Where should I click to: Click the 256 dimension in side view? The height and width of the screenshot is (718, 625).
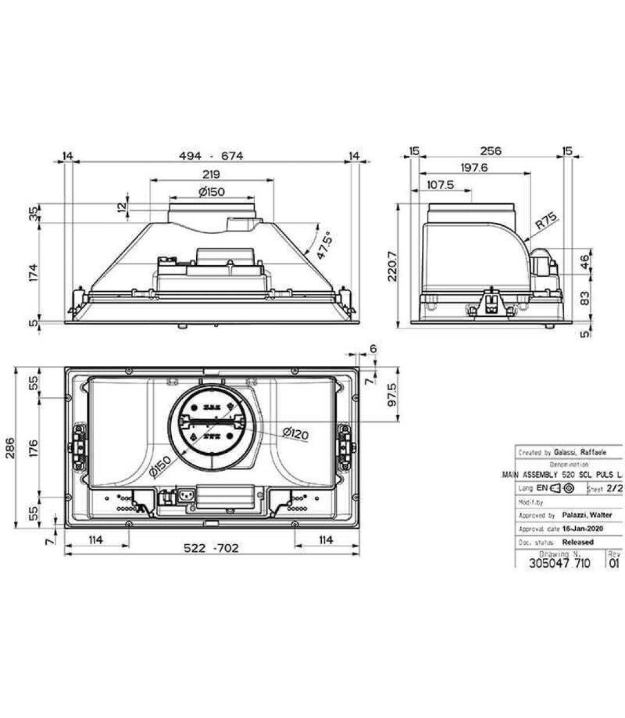click(490, 151)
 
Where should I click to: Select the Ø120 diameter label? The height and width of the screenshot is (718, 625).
click(295, 433)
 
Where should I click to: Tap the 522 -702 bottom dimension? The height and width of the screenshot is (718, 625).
click(211, 548)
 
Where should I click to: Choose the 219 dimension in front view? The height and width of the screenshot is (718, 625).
click(211, 174)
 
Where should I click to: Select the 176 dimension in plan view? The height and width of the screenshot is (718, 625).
click(33, 446)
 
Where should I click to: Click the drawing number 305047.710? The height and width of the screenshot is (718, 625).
click(559, 563)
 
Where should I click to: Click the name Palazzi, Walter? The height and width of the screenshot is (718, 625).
click(587, 515)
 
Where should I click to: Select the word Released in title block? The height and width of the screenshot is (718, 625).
click(578, 542)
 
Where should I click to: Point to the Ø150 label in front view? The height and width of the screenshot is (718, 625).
click(211, 192)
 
